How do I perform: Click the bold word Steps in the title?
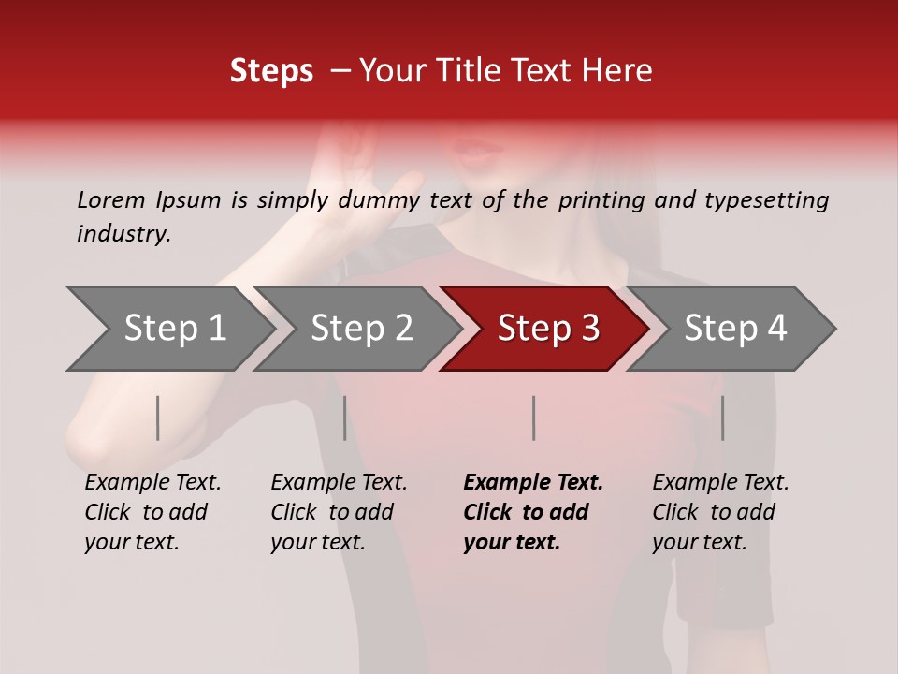(x=271, y=71)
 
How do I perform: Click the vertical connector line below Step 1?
(x=158, y=418)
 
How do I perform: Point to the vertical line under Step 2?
(x=345, y=418)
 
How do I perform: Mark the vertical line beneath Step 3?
(x=533, y=418)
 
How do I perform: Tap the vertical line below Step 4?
(x=722, y=418)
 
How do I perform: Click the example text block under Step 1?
(x=152, y=512)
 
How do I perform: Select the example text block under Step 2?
(x=339, y=512)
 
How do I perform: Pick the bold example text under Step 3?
(x=533, y=512)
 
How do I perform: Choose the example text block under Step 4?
(x=720, y=512)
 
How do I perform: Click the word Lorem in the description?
(x=111, y=200)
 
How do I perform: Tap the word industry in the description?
(x=123, y=234)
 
